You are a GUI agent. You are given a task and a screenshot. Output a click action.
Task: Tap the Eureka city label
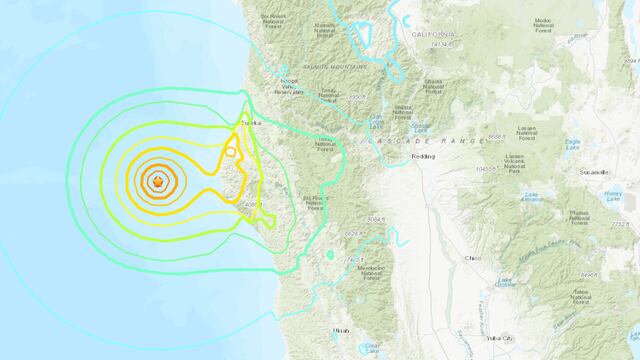[x=250, y=124]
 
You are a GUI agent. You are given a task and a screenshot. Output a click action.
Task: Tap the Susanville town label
[x=593, y=171]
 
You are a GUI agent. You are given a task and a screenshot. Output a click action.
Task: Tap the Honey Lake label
[x=612, y=192]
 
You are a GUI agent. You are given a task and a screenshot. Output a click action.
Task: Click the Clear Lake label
[x=372, y=348]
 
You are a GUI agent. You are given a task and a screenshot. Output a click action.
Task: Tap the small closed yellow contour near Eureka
[x=231, y=151]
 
